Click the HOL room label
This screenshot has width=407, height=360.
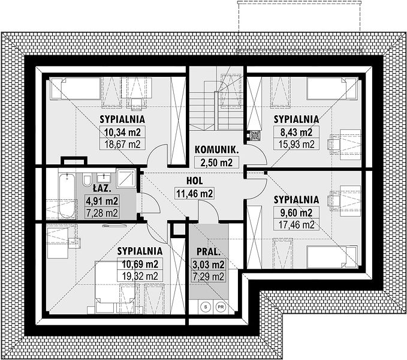pyautogui.click(x=195, y=181)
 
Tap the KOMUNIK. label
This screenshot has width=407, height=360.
pyautogui.click(x=216, y=150)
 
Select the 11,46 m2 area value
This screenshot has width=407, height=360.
pyautogui.click(x=195, y=193)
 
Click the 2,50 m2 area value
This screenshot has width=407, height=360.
pyautogui.click(x=216, y=163)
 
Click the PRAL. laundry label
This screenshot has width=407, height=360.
pyautogui.click(x=209, y=251)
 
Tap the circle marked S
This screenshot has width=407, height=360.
pyautogui.click(x=206, y=307)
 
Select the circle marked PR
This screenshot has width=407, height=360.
pyautogui.click(x=221, y=307)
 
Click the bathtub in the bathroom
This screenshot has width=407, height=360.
pyautogui.click(x=67, y=196)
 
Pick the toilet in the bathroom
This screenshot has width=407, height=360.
pyautogui.click(x=87, y=180)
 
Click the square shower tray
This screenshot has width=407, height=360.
pyautogui.click(x=126, y=178)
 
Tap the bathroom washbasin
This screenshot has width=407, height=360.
pyautogui.click(x=104, y=178)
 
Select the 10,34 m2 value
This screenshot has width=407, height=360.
pyautogui.click(x=122, y=132)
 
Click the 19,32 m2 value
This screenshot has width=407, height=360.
pyautogui.click(x=140, y=275)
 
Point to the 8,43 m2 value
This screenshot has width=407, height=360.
pyautogui.click(x=297, y=132)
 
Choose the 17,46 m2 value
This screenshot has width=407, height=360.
pyautogui.click(x=297, y=224)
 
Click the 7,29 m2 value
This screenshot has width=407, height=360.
pyautogui.click(x=209, y=277)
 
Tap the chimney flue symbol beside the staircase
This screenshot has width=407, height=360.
pyautogui.click(x=255, y=135)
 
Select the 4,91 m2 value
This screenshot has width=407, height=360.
pyautogui.click(x=102, y=200)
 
